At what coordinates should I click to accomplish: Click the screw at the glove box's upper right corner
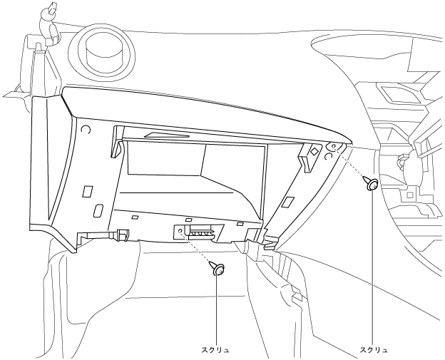point(372,185)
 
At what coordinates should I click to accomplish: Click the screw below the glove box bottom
point(218,270)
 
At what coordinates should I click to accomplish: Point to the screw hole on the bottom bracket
point(180,232)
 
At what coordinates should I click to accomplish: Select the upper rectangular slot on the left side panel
point(87,192)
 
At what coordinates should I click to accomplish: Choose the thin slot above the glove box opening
point(166,135)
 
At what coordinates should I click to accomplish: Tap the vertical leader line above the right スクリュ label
point(374,271)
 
